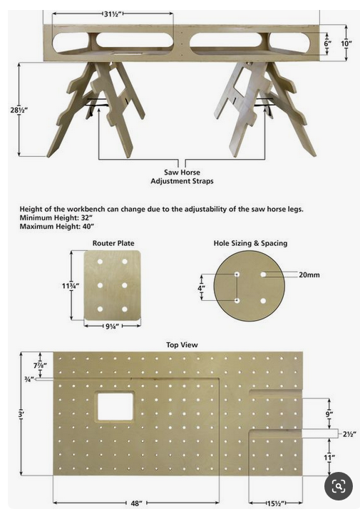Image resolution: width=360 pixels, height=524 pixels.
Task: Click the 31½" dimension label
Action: (113, 14)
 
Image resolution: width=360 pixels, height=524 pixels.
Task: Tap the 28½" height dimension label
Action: (19, 110)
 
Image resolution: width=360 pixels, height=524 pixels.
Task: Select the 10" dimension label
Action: (346, 43)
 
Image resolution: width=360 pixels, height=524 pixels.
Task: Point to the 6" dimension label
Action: (328, 43)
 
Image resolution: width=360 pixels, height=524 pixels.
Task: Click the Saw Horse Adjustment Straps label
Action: (182, 177)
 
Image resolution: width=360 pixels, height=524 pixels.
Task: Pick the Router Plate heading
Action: (113, 243)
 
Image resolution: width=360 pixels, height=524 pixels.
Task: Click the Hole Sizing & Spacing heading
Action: (250, 243)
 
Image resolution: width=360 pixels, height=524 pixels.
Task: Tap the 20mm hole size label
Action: (309, 275)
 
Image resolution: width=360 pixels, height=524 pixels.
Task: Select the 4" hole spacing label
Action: (201, 288)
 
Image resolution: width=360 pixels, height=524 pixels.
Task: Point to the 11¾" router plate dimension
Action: (70, 286)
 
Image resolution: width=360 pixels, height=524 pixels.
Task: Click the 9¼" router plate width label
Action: (113, 327)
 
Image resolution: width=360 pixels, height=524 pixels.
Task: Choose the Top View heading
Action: (182, 345)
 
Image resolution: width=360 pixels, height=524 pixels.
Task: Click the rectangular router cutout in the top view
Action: (115, 406)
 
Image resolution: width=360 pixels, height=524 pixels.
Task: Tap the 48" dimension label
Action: (136, 503)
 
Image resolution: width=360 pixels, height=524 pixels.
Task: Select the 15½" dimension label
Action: (275, 503)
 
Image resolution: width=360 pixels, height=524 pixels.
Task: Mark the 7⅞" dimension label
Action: (40, 365)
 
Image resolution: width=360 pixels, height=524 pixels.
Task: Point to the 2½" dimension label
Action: (349, 434)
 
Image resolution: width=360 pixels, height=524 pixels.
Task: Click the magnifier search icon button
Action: (339, 486)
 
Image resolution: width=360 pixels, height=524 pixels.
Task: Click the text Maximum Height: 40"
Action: (57, 227)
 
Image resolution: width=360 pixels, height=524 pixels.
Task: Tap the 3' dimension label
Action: (21, 413)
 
